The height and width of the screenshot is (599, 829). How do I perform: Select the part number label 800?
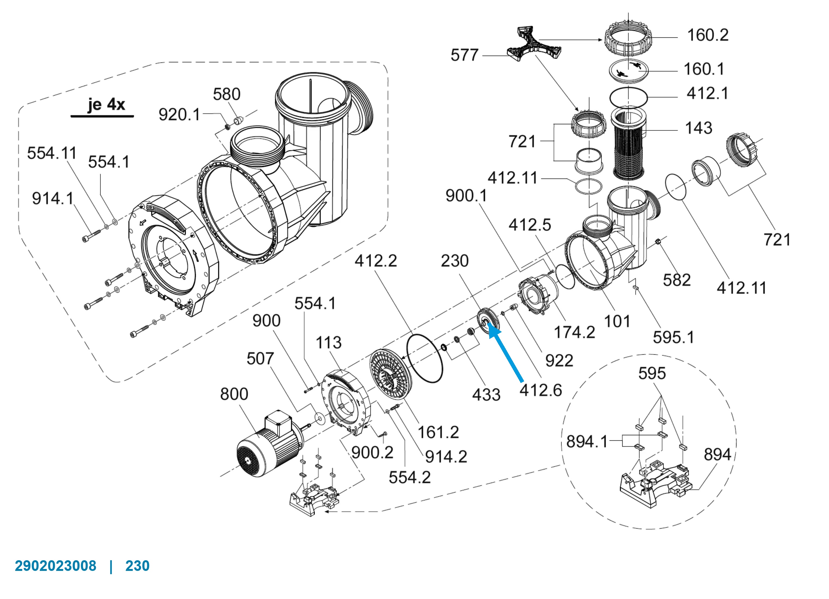pyautogui.click(x=234, y=394)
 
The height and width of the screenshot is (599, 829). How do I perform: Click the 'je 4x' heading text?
pyautogui.click(x=106, y=105)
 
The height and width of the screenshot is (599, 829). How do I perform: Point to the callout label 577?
pyautogui.click(x=464, y=55)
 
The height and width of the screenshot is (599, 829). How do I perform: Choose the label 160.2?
pyautogui.click(x=708, y=35)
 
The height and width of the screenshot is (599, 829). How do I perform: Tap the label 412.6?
pyautogui.click(x=541, y=390)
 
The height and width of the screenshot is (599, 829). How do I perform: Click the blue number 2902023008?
pyautogui.click(x=55, y=566)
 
